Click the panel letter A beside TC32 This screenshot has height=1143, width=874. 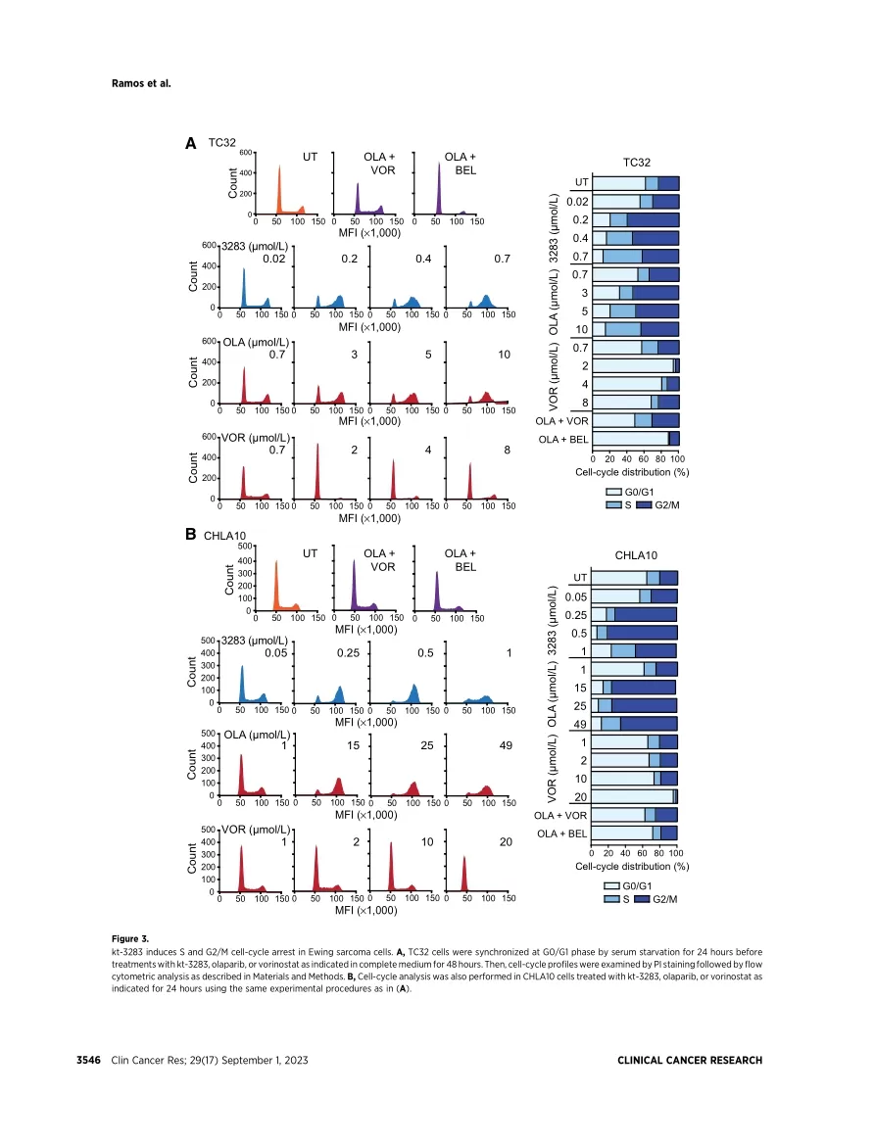tap(191, 143)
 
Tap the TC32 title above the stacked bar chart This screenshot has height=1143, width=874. tap(637, 163)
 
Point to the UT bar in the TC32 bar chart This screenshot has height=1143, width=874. tap(636, 183)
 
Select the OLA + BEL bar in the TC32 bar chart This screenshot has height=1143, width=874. tap(636, 439)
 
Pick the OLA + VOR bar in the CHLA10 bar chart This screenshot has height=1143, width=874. tap(634, 815)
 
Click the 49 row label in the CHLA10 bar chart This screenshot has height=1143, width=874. tap(580, 724)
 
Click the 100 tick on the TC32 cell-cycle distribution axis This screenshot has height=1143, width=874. tap(678, 458)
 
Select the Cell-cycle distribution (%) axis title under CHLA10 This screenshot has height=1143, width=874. tap(632, 866)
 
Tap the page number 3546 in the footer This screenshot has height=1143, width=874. tap(91, 1061)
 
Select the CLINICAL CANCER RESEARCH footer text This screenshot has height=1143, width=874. tap(690, 1061)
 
